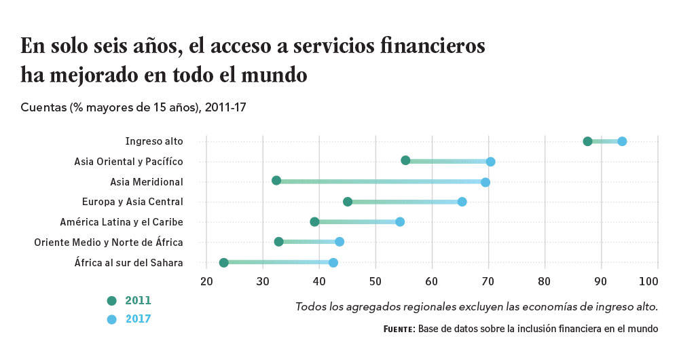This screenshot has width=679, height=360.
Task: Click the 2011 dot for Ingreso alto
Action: pyautogui.click(x=587, y=141)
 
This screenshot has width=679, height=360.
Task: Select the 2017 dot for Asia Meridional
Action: pyautogui.click(x=485, y=182)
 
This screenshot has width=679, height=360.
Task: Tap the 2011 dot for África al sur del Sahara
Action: pyautogui.click(x=223, y=262)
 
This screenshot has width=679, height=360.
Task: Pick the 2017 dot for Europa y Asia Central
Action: pyautogui.click(x=462, y=202)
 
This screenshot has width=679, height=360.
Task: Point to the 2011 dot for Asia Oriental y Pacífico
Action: pyautogui.click(x=405, y=160)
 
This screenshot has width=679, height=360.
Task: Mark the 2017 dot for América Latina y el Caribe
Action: pyautogui.click(x=400, y=221)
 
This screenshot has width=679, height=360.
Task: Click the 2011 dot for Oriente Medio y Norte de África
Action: pyautogui.click(x=278, y=242)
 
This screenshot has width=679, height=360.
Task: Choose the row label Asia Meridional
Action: pyautogui.click(x=147, y=182)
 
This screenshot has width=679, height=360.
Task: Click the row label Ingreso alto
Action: pyautogui.click(x=154, y=141)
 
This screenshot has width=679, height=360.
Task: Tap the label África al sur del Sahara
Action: pyautogui.click(x=128, y=262)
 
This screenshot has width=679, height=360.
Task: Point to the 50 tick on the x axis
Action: pyautogui.click(x=375, y=281)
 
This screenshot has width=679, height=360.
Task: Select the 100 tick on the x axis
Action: pyautogui.click(x=648, y=281)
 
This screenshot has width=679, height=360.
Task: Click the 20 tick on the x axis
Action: pyautogui.click(x=206, y=281)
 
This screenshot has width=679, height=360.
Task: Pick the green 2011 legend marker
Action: pyautogui.click(x=112, y=301)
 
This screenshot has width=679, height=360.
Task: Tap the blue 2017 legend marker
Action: pyautogui.click(x=112, y=319)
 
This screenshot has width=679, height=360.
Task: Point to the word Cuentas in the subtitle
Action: pyautogui.click(x=43, y=107)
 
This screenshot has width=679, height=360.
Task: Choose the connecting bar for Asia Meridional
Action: pyautogui.click(x=380, y=181)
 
